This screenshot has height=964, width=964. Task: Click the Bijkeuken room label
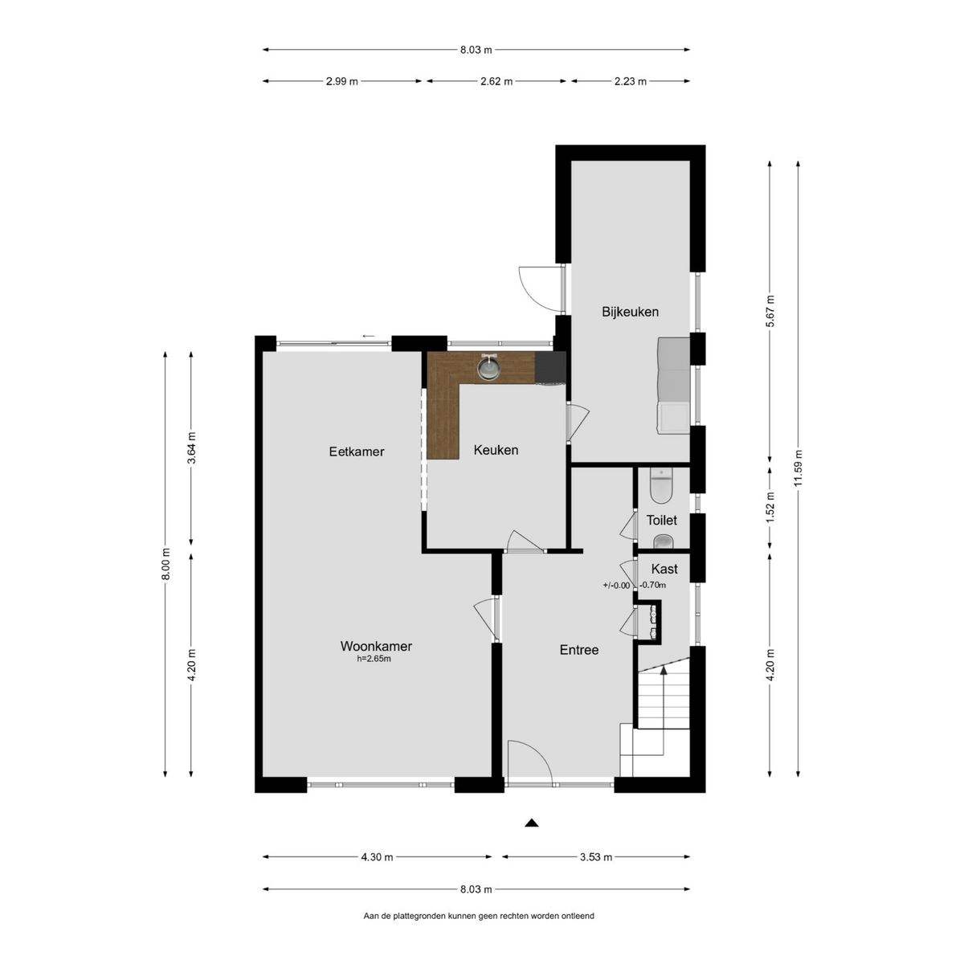630,312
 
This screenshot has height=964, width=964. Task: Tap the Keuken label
496,450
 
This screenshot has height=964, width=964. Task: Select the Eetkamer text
357,451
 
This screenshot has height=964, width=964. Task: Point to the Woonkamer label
376,646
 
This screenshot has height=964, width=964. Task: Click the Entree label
578,650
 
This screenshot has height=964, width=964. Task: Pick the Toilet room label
661,521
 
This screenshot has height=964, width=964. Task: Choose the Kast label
664,569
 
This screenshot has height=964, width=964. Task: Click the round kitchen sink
488,368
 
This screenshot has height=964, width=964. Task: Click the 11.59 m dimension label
798,468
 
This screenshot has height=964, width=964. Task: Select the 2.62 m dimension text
496,82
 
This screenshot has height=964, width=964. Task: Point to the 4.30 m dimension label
378,857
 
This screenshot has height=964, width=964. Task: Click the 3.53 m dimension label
596,857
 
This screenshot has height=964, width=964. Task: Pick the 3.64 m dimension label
191,447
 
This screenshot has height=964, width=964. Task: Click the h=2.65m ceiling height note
374,659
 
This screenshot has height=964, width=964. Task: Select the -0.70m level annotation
653,585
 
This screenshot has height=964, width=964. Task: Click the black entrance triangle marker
531,823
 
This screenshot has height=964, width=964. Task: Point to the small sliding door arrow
368,336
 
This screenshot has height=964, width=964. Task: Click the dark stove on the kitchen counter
550,366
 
